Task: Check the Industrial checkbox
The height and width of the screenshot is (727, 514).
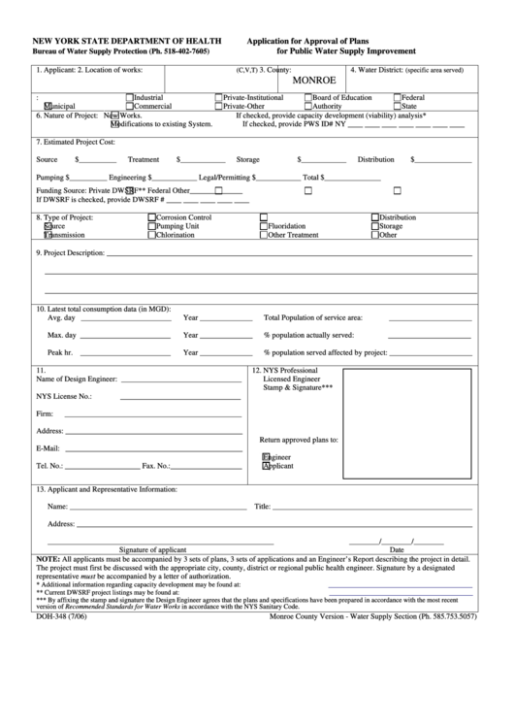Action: [x=130, y=97]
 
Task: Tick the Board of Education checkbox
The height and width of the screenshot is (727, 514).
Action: [x=308, y=97]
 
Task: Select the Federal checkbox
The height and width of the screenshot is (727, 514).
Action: [x=397, y=97]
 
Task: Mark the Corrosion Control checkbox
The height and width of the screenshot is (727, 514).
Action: [x=151, y=217]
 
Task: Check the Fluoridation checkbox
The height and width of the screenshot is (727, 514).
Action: [x=264, y=226]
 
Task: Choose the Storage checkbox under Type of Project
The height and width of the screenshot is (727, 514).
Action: [x=375, y=226]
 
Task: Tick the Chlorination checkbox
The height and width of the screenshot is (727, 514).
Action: [x=151, y=235]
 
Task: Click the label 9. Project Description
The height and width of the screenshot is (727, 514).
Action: [x=70, y=253]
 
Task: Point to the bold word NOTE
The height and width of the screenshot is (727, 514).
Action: [x=48, y=560]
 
